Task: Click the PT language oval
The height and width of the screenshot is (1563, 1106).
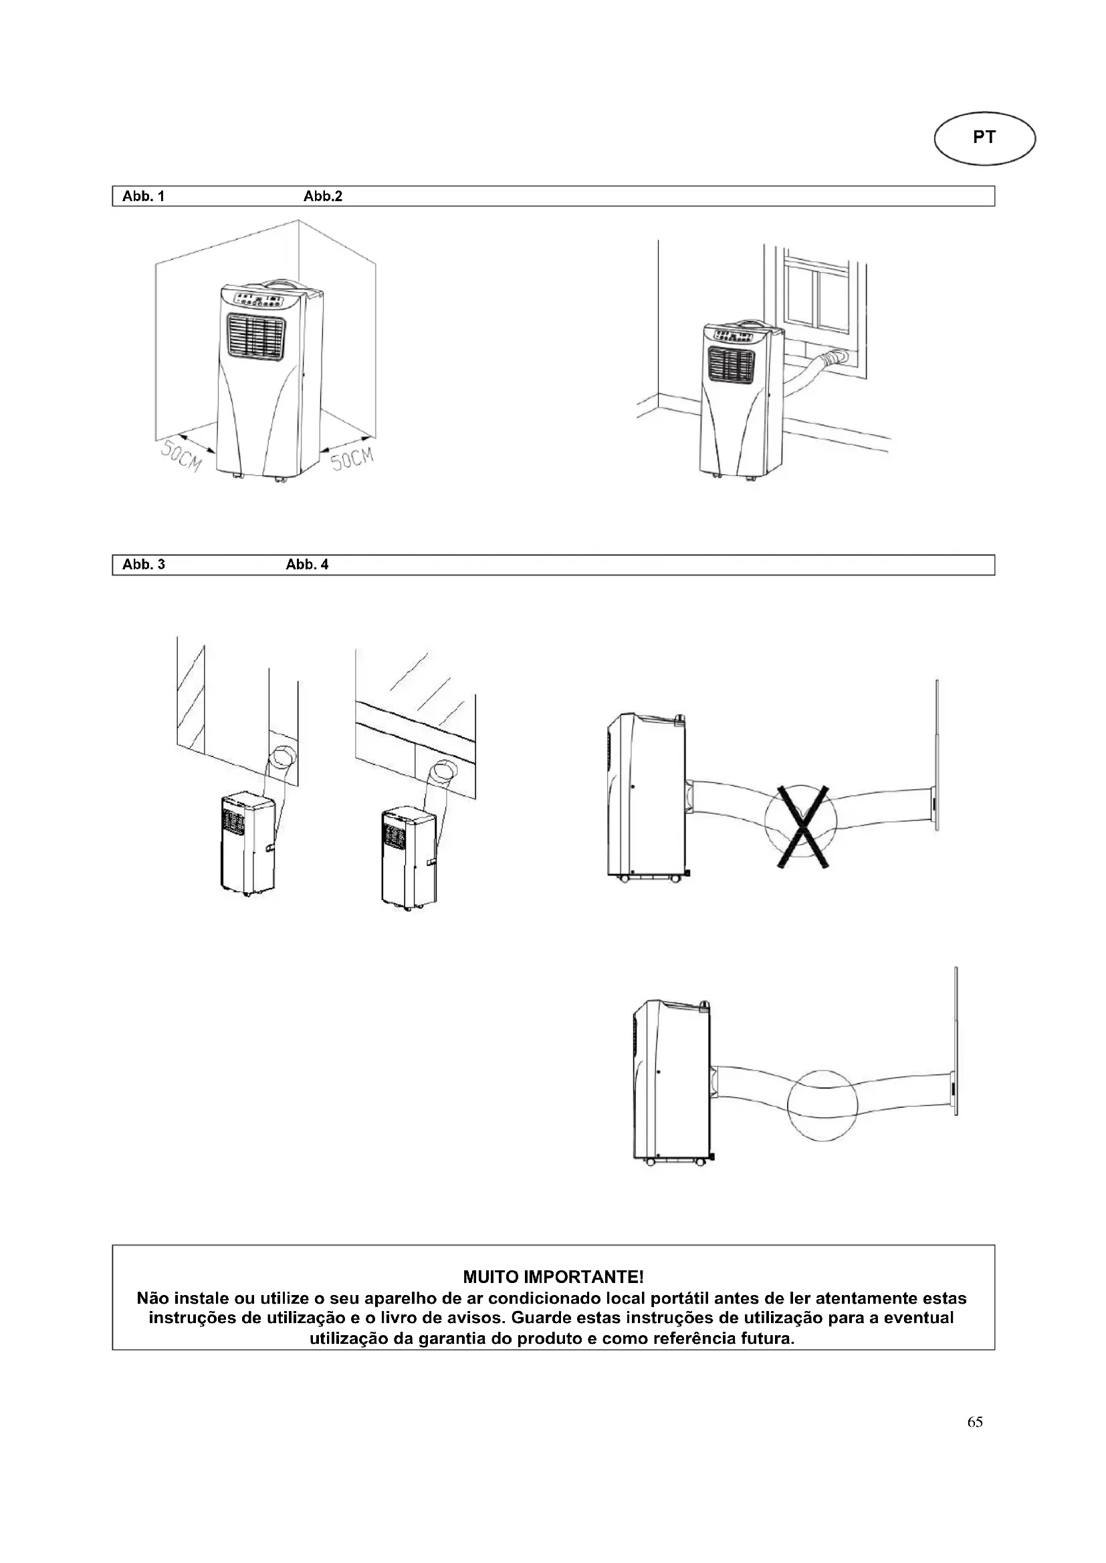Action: [984, 138]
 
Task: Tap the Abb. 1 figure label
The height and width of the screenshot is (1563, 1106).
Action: [143, 196]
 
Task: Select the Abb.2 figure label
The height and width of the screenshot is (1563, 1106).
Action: [323, 196]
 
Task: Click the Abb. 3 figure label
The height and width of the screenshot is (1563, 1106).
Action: [144, 565]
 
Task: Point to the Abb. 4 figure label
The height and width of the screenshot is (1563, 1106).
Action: [307, 565]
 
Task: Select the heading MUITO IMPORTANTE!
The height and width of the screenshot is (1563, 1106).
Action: [553, 1275]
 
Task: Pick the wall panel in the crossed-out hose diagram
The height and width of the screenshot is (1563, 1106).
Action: [937, 756]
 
